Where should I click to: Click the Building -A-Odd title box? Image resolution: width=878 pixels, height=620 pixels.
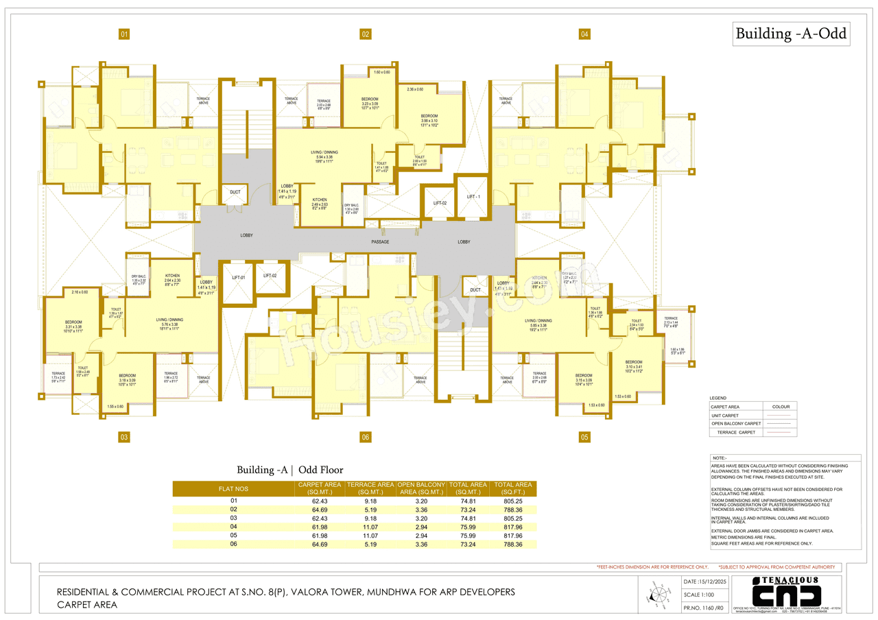[x=791, y=33]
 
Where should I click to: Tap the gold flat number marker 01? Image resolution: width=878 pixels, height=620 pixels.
[x=124, y=34]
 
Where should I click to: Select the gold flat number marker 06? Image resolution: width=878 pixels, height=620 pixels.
[x=366, y=437]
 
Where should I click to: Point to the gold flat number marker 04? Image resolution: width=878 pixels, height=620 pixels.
[x=584, y=34]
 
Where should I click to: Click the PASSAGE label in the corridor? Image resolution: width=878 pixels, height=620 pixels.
[x=381, y=242]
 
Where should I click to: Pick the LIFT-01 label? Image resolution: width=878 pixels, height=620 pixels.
[x=238, y=276]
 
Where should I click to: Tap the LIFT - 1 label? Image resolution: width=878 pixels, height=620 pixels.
[x=473, y=197]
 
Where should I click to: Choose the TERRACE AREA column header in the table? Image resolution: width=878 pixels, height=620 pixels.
[x=370, y=488]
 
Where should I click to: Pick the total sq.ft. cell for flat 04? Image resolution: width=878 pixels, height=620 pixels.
[x=513, y=527]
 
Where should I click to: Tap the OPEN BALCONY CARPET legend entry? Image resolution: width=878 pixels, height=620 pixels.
[x=736, y=424]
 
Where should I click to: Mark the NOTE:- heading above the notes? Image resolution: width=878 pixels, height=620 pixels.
[x=720, y=457]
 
